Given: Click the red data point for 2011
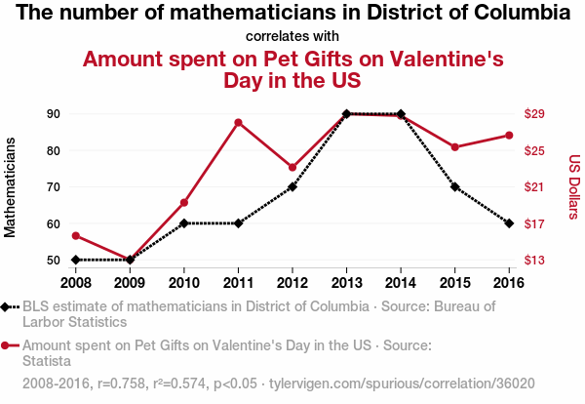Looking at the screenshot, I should tap(238, 122).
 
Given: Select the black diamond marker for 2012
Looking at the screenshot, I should tap(292, 186).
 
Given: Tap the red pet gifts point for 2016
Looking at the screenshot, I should tap(509, 136).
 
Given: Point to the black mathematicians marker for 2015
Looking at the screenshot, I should tap(455, 186).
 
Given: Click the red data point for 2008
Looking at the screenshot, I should tap(75, 236).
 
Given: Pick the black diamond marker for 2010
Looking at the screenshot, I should tap(184, 222).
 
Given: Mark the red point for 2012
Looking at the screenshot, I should tap(292, 167).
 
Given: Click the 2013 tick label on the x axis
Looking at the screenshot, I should tap(346, 282).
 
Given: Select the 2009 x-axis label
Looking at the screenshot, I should tap(130, 282).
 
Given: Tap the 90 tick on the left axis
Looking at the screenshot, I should tap(53, 114).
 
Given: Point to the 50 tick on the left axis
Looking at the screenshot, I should tap(53, 261).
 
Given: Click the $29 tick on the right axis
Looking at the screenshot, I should tap(534, 114).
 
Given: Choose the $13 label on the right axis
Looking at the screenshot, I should tap(534, 261).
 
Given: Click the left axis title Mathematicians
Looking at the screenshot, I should tap(12, 187).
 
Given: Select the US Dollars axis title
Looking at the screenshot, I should tap(574, 186).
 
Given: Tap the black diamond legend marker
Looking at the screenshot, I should tap(7, 306).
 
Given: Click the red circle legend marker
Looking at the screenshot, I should tap(7, 345).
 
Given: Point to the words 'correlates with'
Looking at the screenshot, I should tap(292, 36).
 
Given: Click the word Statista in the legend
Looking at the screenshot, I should tap(48, 360).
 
